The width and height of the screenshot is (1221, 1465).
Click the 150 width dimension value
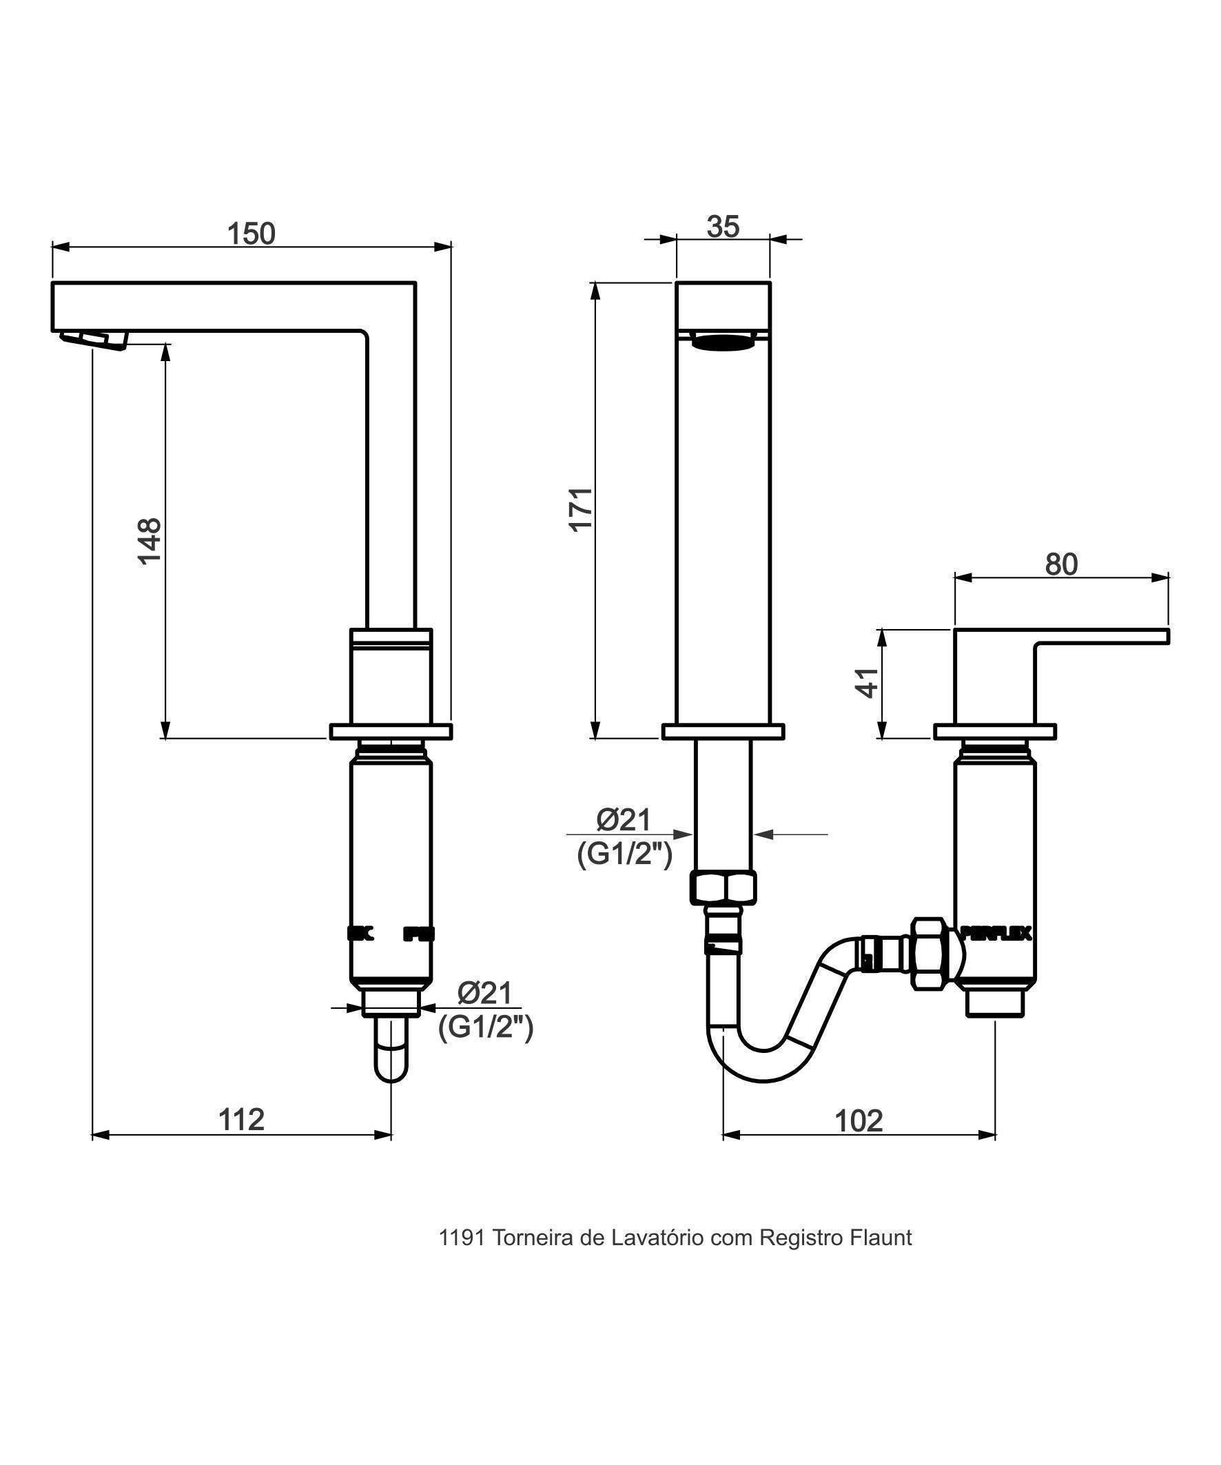(252, 234)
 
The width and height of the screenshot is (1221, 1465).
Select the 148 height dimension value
(150, 541)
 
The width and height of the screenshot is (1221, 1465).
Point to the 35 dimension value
(722, 227)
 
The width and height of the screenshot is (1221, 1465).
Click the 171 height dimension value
(581, 509)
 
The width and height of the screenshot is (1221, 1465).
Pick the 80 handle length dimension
(1060, 564)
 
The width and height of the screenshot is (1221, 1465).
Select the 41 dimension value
(868, 682)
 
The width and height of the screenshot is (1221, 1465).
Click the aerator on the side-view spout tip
(105, 340)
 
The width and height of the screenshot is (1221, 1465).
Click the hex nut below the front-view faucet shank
(723, 888)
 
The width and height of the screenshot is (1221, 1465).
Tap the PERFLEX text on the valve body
(996, 933)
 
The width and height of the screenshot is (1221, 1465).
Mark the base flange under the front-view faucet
(723, 732)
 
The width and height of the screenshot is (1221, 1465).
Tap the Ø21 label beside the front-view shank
(623, 821)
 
